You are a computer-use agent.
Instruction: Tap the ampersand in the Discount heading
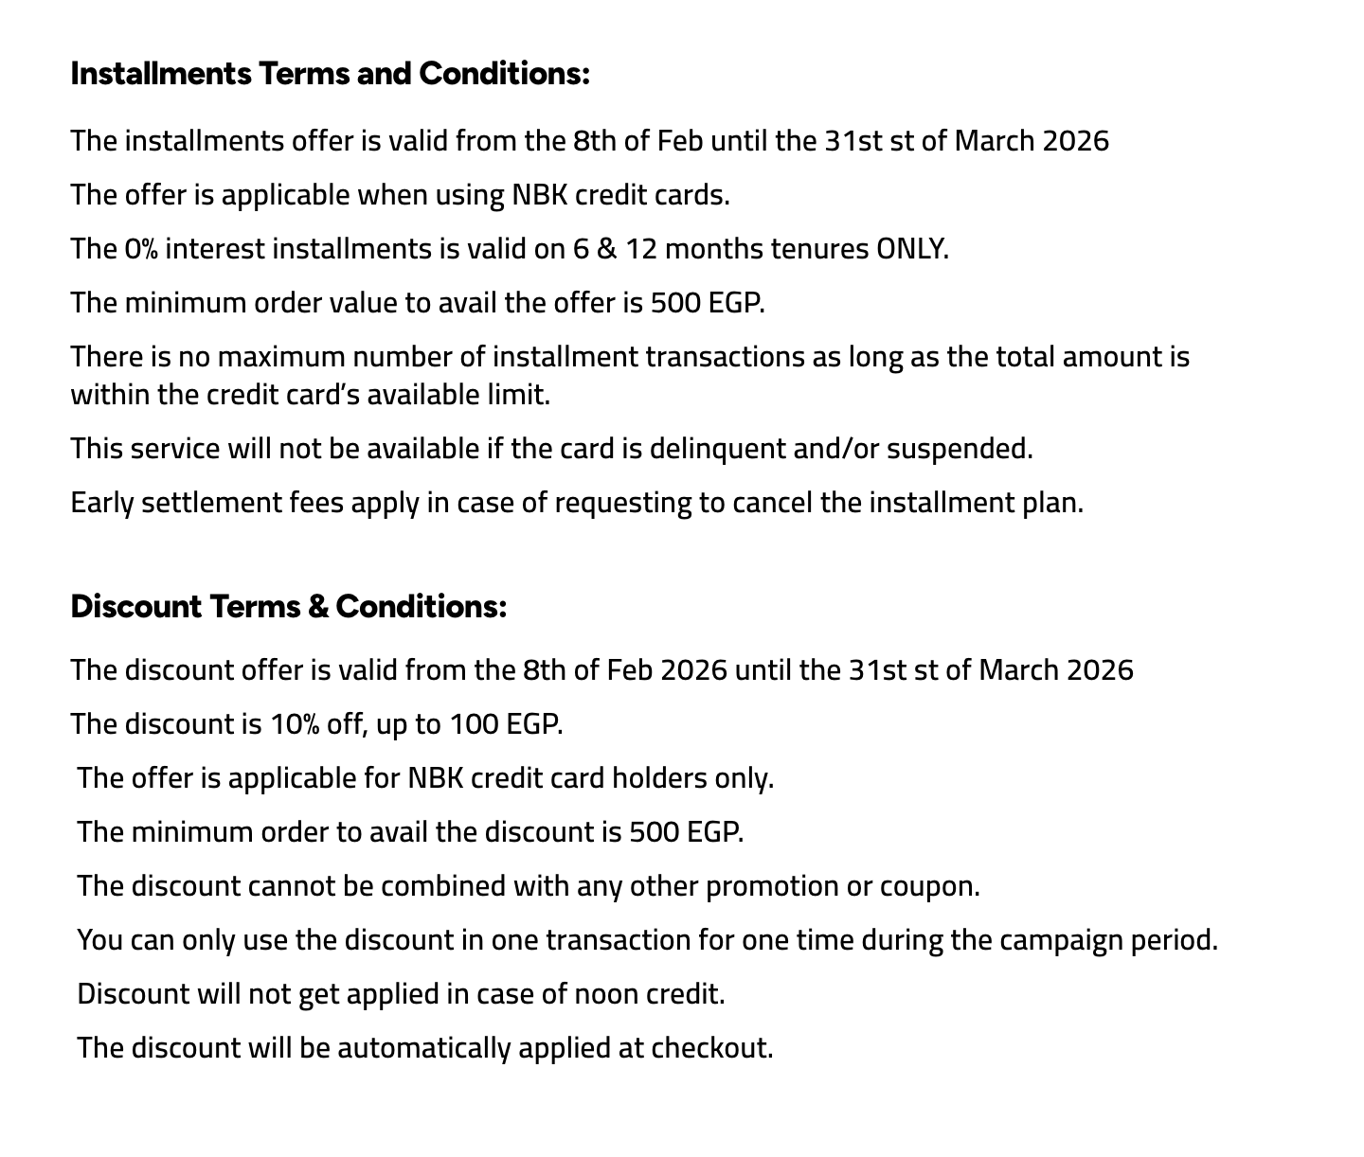pos(318,606)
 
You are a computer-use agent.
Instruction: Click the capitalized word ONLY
pos(911,249)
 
